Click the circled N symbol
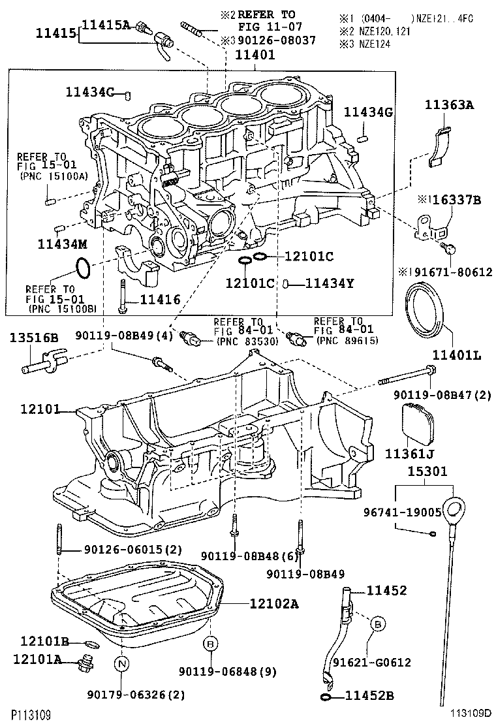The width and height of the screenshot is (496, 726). point(122,665)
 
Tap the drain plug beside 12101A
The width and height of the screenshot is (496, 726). point(84,665)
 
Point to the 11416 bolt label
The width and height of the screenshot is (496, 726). point(156,300)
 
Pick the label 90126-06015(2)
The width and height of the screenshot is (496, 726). point(124,550)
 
